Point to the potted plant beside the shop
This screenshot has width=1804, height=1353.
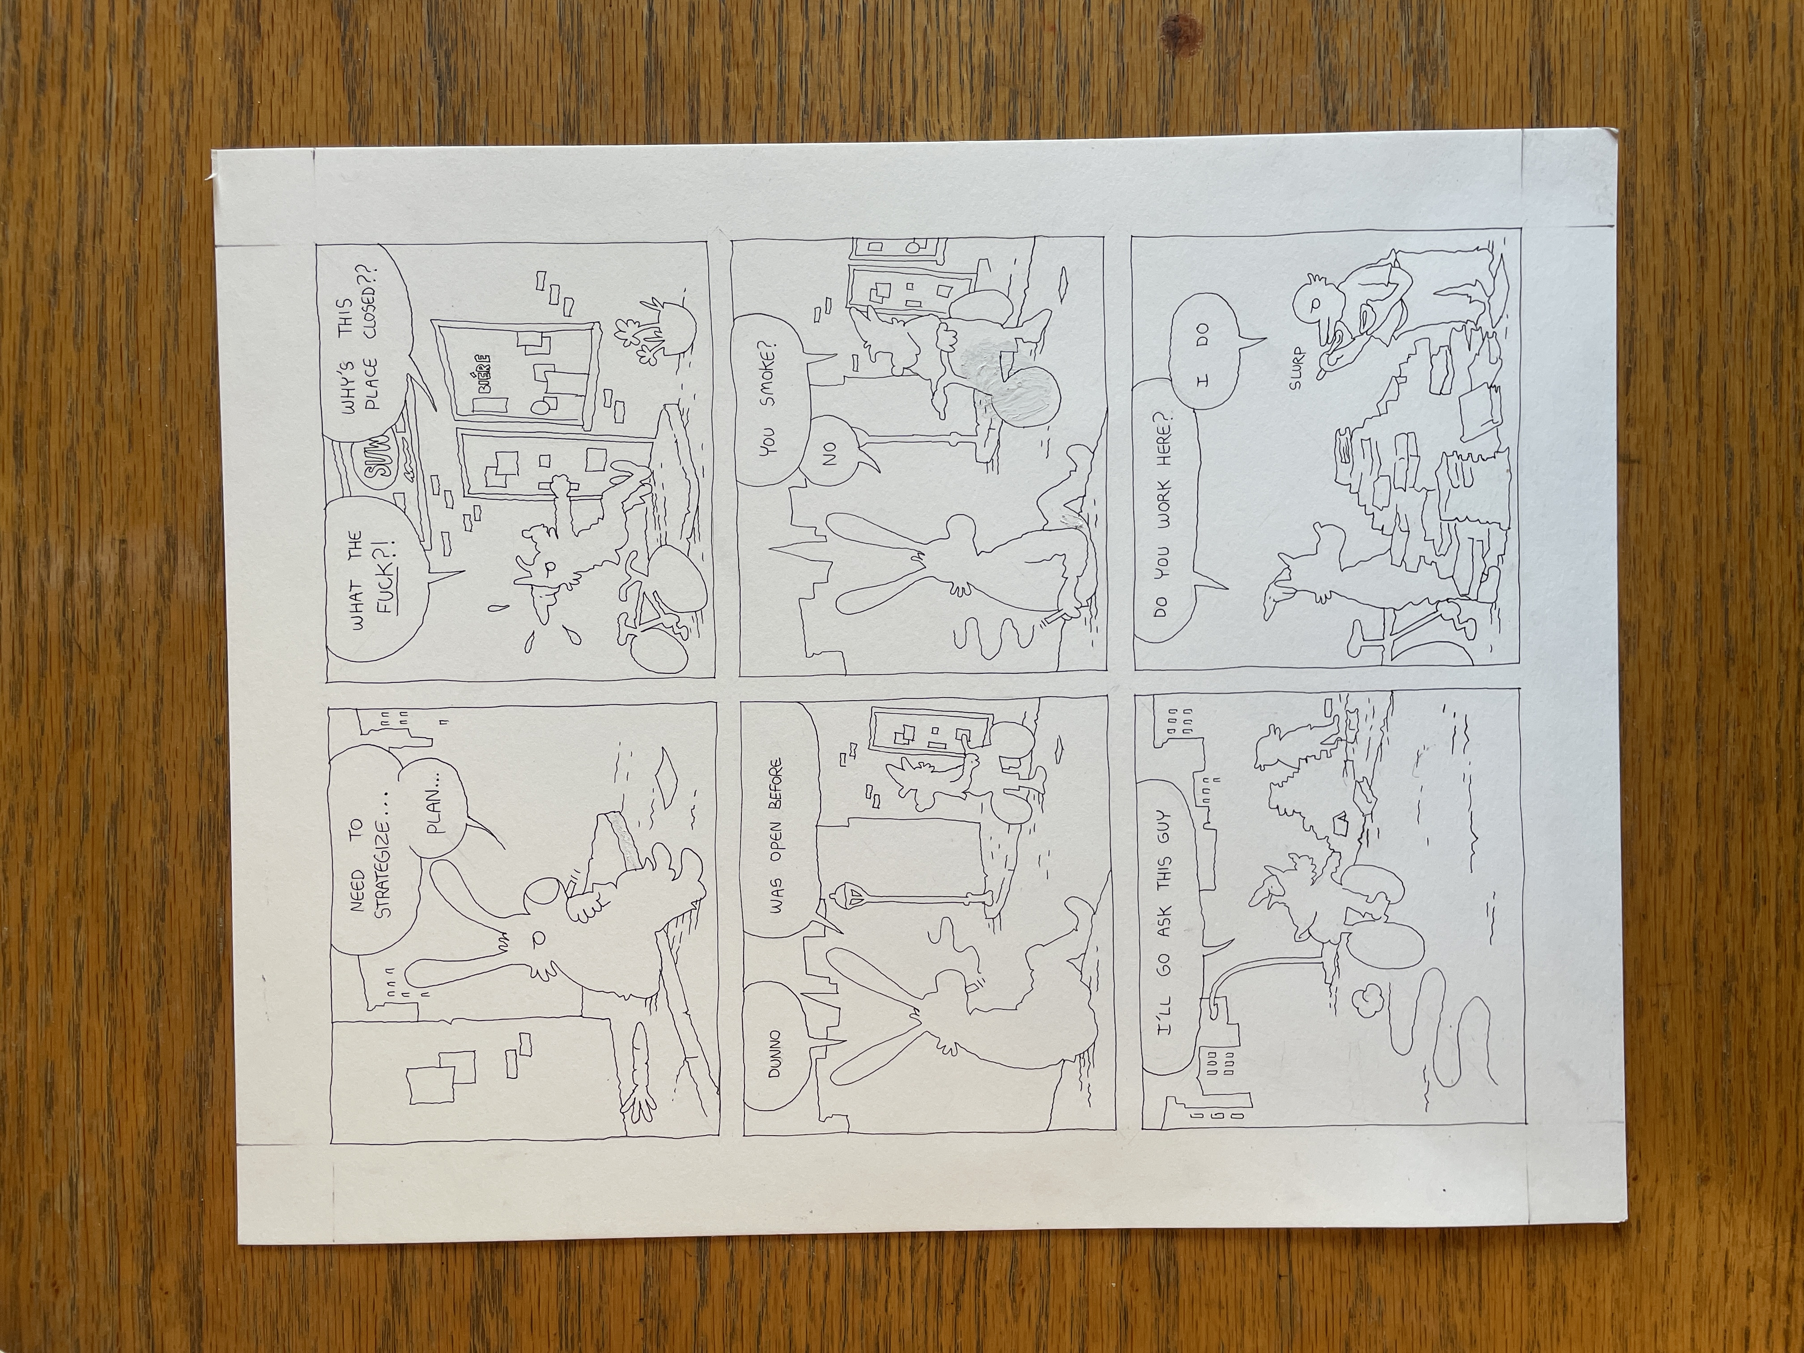pos(656,330)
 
